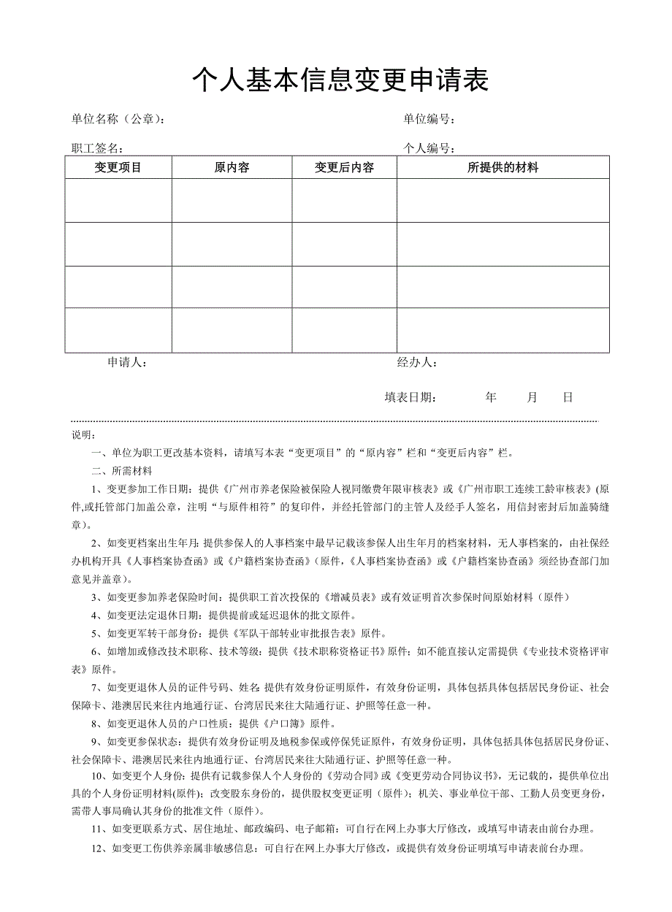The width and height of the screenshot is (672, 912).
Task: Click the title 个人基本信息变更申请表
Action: tap(340, 80)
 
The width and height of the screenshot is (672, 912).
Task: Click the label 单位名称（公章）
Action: tap(117, 119)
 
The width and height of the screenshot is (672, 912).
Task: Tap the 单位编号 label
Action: tap(430, 119)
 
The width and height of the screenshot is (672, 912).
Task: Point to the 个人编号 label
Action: tap(430, 149)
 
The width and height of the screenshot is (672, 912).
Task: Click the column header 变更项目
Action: tap(118, 168)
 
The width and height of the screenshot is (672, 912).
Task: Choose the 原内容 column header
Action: tap(232, 168)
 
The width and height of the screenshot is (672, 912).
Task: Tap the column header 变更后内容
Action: tap(344, 168)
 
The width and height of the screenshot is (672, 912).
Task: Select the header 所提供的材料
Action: tap(503, 168)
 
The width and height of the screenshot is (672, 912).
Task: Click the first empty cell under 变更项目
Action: tap(118, 200)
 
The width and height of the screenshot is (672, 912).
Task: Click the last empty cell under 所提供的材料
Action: tap(503, 330)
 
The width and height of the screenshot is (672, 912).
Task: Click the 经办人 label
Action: tap(417, 362)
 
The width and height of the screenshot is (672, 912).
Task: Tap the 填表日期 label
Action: tap(411, 397)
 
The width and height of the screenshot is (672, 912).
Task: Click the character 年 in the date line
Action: tap(491, 397)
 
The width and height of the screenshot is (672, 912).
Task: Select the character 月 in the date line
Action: tap(532, 397)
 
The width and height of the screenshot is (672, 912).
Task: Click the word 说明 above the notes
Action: tap(83, 435)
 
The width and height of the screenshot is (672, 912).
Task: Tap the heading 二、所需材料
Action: tap(121, 471)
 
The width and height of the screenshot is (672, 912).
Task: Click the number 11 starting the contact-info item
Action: tap(96, 829)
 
